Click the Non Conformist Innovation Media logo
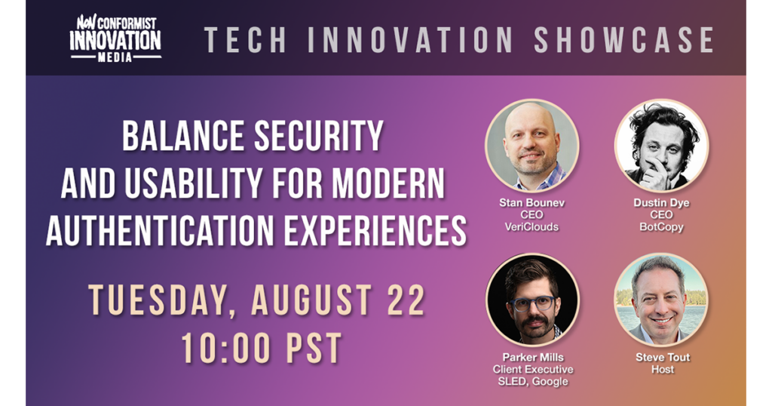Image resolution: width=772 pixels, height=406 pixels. (115, 38)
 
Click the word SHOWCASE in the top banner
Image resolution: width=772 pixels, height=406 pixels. (623, 40)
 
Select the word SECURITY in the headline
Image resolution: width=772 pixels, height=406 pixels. (319, 136)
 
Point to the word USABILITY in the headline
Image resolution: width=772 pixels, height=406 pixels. (193, 183)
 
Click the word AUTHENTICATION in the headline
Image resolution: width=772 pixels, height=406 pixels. (160, 230)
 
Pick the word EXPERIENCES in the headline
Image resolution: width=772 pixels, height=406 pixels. (375, 230)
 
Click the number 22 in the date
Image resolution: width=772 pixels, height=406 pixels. (406, 300)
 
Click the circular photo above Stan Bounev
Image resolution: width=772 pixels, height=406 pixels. (532, 146)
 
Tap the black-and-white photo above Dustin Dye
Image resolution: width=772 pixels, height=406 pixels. (661, 146)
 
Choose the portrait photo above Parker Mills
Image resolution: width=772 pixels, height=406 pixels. (532, 300)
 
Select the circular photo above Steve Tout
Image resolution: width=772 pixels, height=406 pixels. (661, 300)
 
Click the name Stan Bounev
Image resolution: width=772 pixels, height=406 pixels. (532, 202)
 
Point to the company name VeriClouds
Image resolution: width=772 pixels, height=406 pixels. (532, 226)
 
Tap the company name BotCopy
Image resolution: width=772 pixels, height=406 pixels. (661, 226)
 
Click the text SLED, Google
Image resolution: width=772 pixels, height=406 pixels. (533, 381)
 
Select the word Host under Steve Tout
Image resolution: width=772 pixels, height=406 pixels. (662, 369)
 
